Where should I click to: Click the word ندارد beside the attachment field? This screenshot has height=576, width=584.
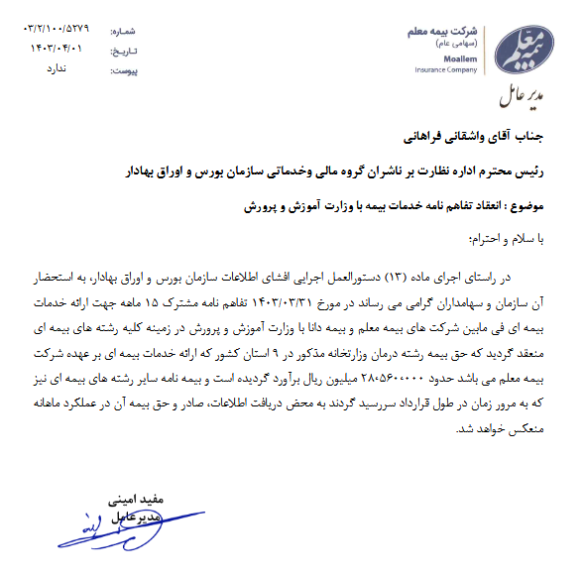pyautogui.click(x=58, y=68)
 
